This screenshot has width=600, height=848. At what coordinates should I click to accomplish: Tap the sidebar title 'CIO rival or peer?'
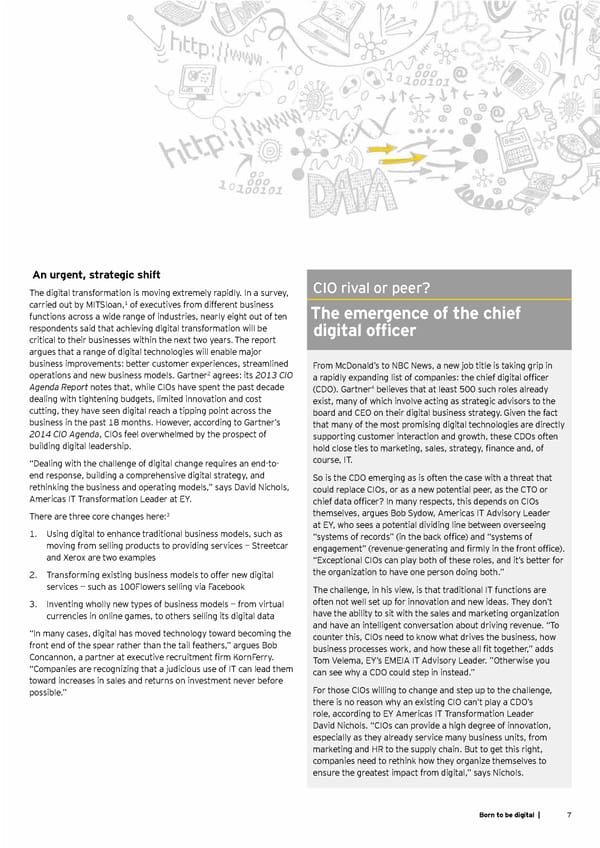[371, 289]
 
